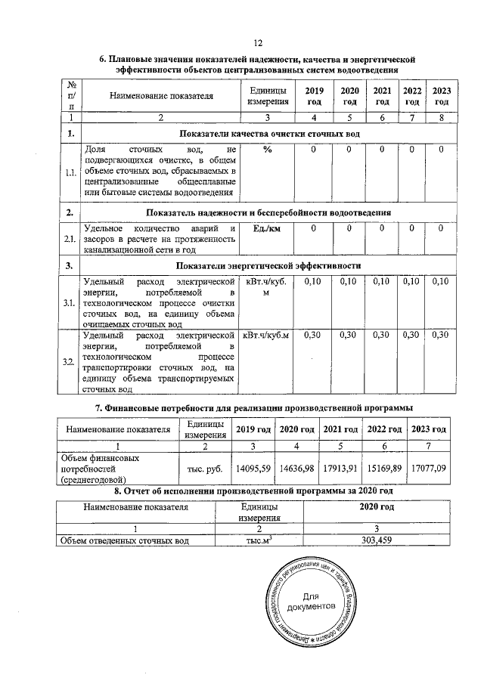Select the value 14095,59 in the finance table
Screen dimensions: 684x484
tap(253, 468)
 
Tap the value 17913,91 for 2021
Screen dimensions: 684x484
tap(340, 468)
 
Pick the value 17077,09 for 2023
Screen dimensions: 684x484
tap(428, 468)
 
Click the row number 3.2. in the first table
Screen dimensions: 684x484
tap(69, 363)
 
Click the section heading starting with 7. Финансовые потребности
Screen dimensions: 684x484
tap(258, 408)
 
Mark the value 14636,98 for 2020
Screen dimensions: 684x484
tap(296, 468)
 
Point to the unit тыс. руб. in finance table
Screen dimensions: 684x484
tap(203, 469)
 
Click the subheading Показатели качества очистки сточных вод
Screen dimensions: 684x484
tap(268, 134)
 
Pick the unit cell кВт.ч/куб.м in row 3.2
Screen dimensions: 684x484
tap(267, 335)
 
